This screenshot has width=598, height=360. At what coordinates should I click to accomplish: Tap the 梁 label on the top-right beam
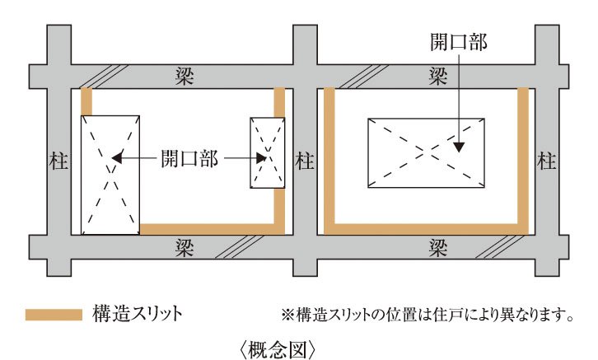point(438,75)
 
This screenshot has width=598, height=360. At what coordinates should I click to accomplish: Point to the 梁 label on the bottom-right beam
point(438,246)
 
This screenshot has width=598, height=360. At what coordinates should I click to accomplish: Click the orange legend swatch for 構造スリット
point(54,314)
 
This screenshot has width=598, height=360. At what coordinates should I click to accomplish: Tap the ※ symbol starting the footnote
point(287,315)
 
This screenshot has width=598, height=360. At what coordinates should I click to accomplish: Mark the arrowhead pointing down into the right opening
point(459,147)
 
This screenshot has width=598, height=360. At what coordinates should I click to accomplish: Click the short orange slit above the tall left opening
point(86,101)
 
